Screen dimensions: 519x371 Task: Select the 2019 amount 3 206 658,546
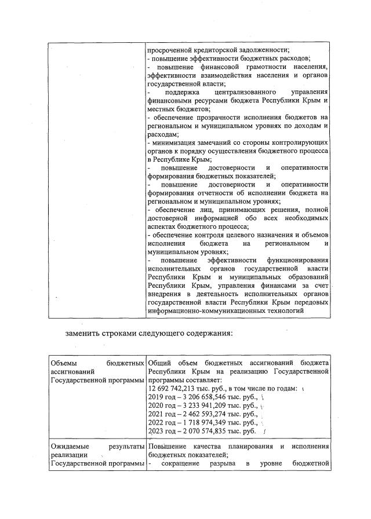[x=202, y=397]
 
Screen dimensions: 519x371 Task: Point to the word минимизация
[x=176, y=142]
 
